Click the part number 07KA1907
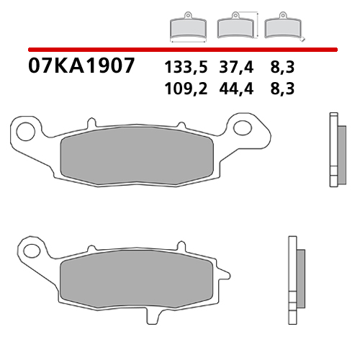[x=81, y=67]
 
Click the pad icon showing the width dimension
[x=186, y=27]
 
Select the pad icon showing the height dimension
[x=235, y=25]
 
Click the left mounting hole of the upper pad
[x=25, y=132]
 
